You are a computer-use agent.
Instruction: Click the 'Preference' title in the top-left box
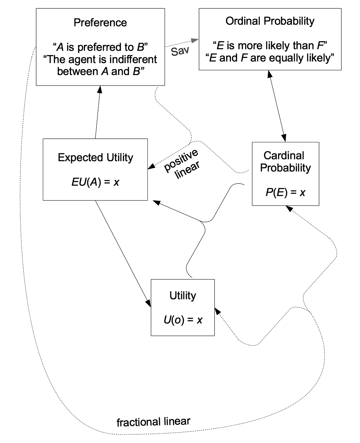(100, 23)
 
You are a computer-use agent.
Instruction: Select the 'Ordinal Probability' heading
(270, 21)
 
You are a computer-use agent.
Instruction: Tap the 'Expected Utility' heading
(95, 157)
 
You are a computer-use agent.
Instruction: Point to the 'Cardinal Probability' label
(285, 162)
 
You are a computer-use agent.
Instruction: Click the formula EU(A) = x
(95, 182)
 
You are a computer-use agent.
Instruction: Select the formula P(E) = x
(285, 193)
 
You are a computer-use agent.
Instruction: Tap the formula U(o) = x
(183, 320)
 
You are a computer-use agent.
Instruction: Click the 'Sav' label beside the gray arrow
(179, 51)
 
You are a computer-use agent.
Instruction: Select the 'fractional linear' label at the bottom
(153, 422)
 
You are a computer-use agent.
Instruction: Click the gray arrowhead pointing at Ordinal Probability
(195, 40)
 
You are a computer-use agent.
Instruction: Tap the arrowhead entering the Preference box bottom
(100, 89)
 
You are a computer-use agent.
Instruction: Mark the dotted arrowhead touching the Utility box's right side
(218, 311)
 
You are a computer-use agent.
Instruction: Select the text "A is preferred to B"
(100, 47)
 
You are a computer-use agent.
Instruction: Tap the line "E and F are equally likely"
(270, 58)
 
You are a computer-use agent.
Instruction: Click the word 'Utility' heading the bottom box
(183, 296)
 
